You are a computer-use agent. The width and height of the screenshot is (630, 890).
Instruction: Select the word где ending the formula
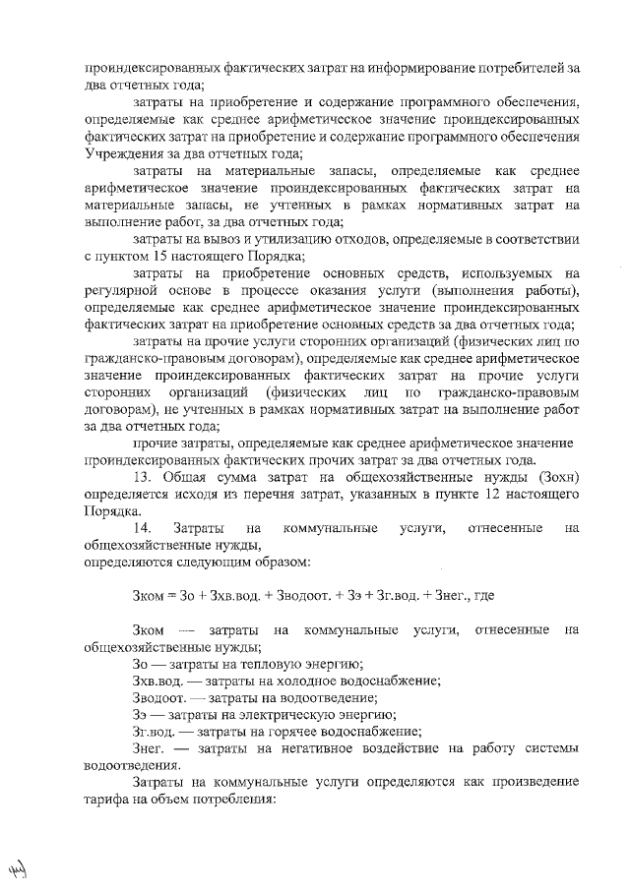point(483,596)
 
